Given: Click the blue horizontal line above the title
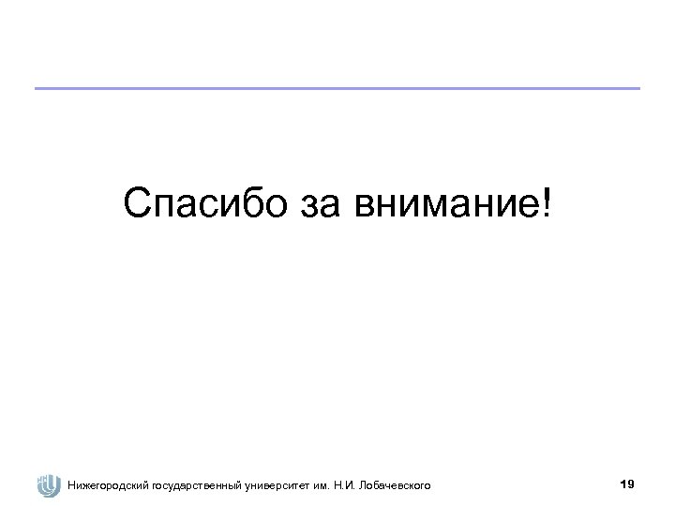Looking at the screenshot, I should pos(337,89).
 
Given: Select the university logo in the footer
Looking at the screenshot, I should pos(47,485).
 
